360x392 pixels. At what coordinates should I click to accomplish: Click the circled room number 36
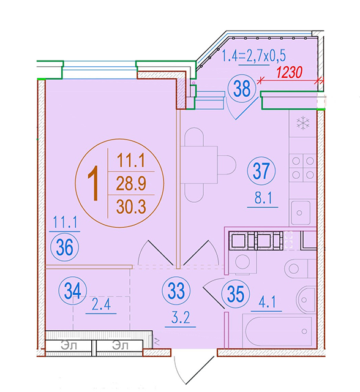click(65, 247)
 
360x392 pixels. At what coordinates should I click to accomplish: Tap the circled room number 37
click(261, 171)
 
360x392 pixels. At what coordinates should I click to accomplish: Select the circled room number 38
click(242, 89)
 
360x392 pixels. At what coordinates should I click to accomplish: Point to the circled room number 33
click(176, 292)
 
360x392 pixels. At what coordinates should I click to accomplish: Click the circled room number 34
click(73, 291)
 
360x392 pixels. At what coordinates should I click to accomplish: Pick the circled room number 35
click(236, 294)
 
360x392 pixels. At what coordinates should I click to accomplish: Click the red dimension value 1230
click(290, 72)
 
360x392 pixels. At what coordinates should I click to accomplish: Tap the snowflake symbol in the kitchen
click(303, 123)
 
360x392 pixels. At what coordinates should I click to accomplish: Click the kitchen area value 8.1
click(263, 198)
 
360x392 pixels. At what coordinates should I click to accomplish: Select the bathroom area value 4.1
click(267, 303)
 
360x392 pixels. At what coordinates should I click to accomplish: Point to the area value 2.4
click(101, 305)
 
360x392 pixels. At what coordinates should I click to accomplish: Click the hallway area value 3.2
click(181, 318)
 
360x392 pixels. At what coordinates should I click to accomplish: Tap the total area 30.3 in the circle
click(131, 207)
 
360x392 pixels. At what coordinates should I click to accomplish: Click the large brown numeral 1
click(94, 184)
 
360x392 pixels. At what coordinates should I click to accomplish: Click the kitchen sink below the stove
click(301, 213)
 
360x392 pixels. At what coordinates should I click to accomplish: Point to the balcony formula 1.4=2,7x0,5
click(254, 56)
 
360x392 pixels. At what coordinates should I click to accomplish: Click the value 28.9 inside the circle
click(131, 184)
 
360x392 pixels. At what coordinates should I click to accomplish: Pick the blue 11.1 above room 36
click(65, 222)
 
